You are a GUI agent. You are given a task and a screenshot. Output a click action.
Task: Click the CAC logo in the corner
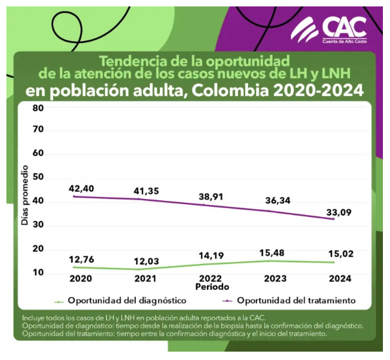tap(329, 29)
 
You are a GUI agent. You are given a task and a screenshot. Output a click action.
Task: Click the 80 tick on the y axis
tap(38, 108)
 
